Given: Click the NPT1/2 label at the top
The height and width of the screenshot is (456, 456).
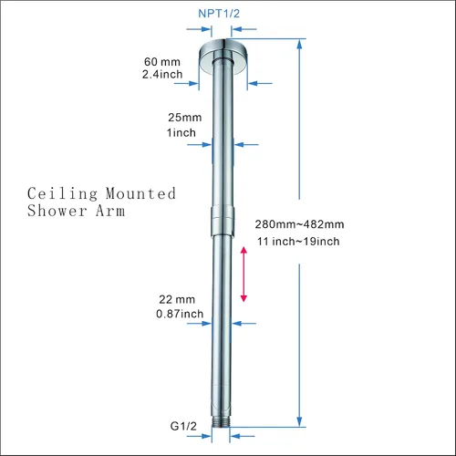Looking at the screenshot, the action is click(219, 14).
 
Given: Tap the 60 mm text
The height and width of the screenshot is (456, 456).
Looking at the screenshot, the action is click(162, 62).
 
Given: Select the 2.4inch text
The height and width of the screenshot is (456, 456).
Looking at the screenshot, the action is click(162, 75).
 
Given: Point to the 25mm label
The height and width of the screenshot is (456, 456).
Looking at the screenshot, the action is click(185, 118).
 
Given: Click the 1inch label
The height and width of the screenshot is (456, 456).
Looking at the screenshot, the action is click(181, 133).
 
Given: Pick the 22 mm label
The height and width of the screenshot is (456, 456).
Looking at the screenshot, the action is click(177, 299).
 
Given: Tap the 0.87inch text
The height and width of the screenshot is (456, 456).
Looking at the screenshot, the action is click(180, 314).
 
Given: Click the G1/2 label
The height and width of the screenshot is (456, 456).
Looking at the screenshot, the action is click(183, 426).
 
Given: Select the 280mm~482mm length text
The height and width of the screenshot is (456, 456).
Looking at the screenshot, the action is click(299, 224).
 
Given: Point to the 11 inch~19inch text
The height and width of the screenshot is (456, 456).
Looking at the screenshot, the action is click(298, 242).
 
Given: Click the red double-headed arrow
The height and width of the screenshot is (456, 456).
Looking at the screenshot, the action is click(244, 275).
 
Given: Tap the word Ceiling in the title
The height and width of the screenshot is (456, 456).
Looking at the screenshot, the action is click(63, 194).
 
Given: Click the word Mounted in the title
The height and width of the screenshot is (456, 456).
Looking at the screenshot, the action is click(140, 193).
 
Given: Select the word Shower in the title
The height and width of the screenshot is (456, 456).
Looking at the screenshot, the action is click(57, 211).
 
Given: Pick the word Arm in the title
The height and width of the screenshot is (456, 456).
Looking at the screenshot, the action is click(110, 211).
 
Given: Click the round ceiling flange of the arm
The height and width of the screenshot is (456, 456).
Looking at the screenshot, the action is click(223, 57).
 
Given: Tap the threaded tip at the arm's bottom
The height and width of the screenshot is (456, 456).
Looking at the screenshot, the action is click(221, 421).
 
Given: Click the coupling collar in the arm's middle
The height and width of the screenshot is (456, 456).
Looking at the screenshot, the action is click(223, 222).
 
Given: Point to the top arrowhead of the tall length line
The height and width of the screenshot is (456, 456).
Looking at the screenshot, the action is click(299, 45).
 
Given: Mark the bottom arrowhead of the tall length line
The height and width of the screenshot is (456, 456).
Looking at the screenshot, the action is click(299, 421).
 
